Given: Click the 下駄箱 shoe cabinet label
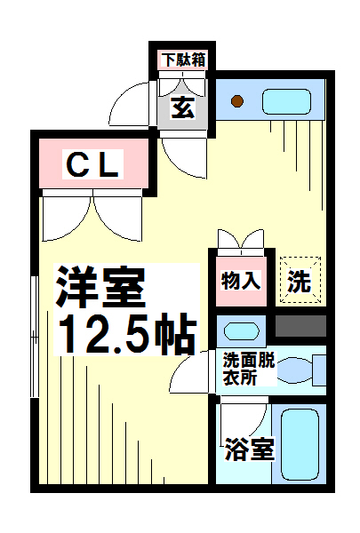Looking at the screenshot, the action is pyautogui.click(x=184, y=60).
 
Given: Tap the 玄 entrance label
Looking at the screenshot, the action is pyautogui.click(x=183, y=107).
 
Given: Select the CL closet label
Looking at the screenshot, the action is pyautogui.click(x=93, y=164).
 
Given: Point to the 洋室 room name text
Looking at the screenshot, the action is pyautogui.click(x=100, y=288).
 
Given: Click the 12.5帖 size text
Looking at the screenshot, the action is pyautogui.click(x=127, y=334).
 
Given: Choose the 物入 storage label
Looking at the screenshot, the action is pyautogui.click(x=241, y=281).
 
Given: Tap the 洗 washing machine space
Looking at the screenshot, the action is pyautogui.click(x=300, y=281).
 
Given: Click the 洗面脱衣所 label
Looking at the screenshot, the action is pyautogui.click(x=249, y=370).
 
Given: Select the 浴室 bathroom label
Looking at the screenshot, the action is pyautogui.click(x=250, y=449).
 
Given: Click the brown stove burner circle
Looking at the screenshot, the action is pyautogui.click(x=236, y=101).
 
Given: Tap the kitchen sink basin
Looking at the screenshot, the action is pyautogui.click(x=286, y=101).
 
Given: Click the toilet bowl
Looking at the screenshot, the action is pyautogui.click(x=295, y=370).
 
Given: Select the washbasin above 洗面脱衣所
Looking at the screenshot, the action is pyautogui.click(x=242, y=330).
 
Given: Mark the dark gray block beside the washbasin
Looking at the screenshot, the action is pyautogui.click(x=300, y=326).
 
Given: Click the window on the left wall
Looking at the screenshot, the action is pyautogui.click(x=35, y=337).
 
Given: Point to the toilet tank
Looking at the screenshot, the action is pyautogui.click(x=319, y=370).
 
